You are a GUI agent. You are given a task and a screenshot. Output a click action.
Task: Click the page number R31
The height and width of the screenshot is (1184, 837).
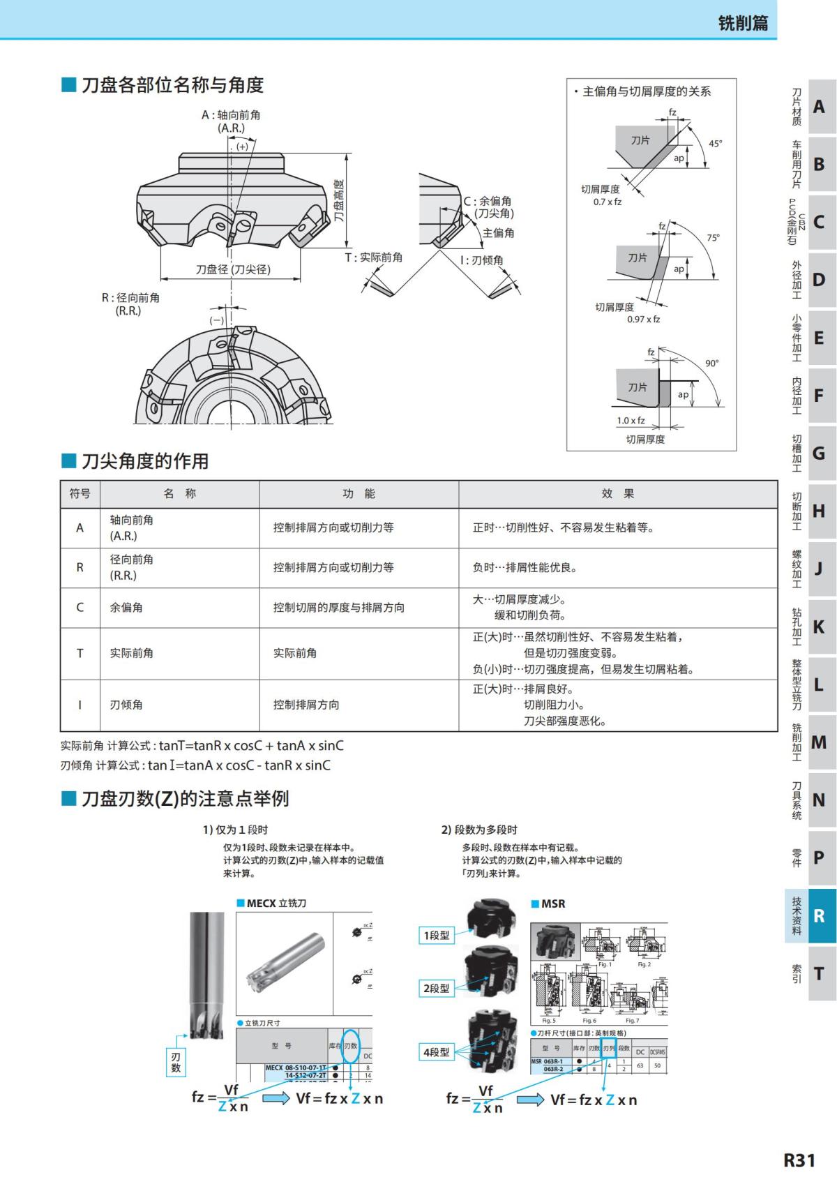tap(799, 1160)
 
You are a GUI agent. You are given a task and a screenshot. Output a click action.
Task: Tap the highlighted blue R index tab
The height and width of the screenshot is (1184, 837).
tap(820, 915)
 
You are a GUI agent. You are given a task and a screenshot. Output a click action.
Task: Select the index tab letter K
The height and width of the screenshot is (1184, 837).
tap(820, 627)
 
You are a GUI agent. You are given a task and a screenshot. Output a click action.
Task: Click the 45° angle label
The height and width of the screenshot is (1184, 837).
tap(716, 143)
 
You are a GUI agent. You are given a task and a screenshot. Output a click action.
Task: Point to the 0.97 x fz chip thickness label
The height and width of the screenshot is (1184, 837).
tap(643, 319)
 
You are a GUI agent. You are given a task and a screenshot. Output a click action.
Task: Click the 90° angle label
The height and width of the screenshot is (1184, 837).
tap(711, 363)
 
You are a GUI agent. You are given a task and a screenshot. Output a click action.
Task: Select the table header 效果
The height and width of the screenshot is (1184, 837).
tap(618, 493)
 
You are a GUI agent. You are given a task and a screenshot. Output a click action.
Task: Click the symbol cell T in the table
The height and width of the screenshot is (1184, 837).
tap(80, 653)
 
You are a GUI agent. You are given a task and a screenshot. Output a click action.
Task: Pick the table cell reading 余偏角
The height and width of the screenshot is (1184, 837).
tap(126, 607)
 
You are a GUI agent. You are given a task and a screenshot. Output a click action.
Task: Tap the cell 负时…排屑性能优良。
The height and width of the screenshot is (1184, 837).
tap(525, 567)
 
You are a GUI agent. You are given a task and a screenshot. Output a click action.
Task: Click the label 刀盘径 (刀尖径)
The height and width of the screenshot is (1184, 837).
tap(233, 269)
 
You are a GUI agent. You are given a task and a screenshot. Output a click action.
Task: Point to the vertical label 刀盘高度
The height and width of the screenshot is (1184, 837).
tap(339, 200)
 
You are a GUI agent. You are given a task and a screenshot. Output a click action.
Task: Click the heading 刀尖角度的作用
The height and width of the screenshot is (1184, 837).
tap(145, 460)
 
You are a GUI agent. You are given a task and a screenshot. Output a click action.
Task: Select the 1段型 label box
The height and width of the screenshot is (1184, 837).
tap(436, 935)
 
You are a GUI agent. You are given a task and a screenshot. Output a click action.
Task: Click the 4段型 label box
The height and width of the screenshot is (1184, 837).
tap(436, 1052)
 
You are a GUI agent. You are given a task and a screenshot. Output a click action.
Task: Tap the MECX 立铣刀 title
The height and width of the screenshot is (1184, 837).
tap(276, 903)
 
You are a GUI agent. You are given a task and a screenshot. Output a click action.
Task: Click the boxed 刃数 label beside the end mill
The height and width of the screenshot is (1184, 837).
tap(176, 1063)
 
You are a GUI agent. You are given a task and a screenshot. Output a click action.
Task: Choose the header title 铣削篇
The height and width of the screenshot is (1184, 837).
tap(743, 23)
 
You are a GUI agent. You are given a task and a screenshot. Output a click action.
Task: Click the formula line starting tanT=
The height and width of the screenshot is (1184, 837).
tap(202, 745)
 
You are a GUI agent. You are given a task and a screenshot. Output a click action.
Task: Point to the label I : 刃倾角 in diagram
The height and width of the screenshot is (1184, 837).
tap(481, 260)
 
